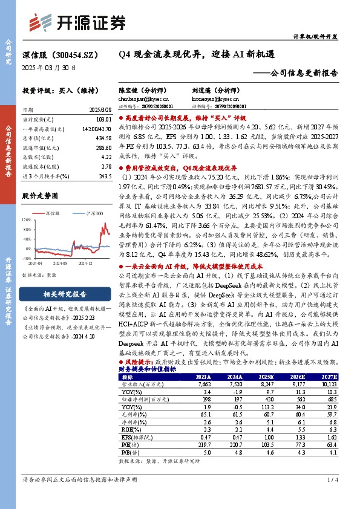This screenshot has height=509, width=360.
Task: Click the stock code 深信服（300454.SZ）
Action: [x=61, y=54]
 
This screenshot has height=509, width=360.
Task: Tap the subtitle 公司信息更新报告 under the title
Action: [x=302, y=73]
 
